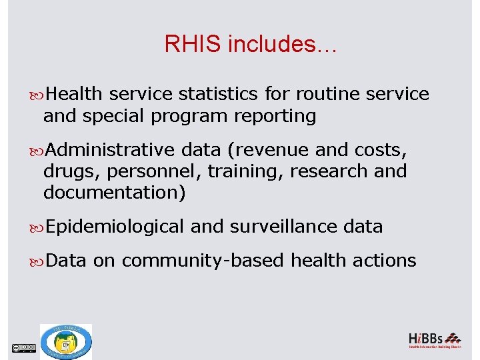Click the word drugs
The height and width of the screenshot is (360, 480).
[x=65, y=171]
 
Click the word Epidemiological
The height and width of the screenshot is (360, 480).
[x=115, y=227]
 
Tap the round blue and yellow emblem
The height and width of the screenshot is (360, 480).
[x=66, y=342]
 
